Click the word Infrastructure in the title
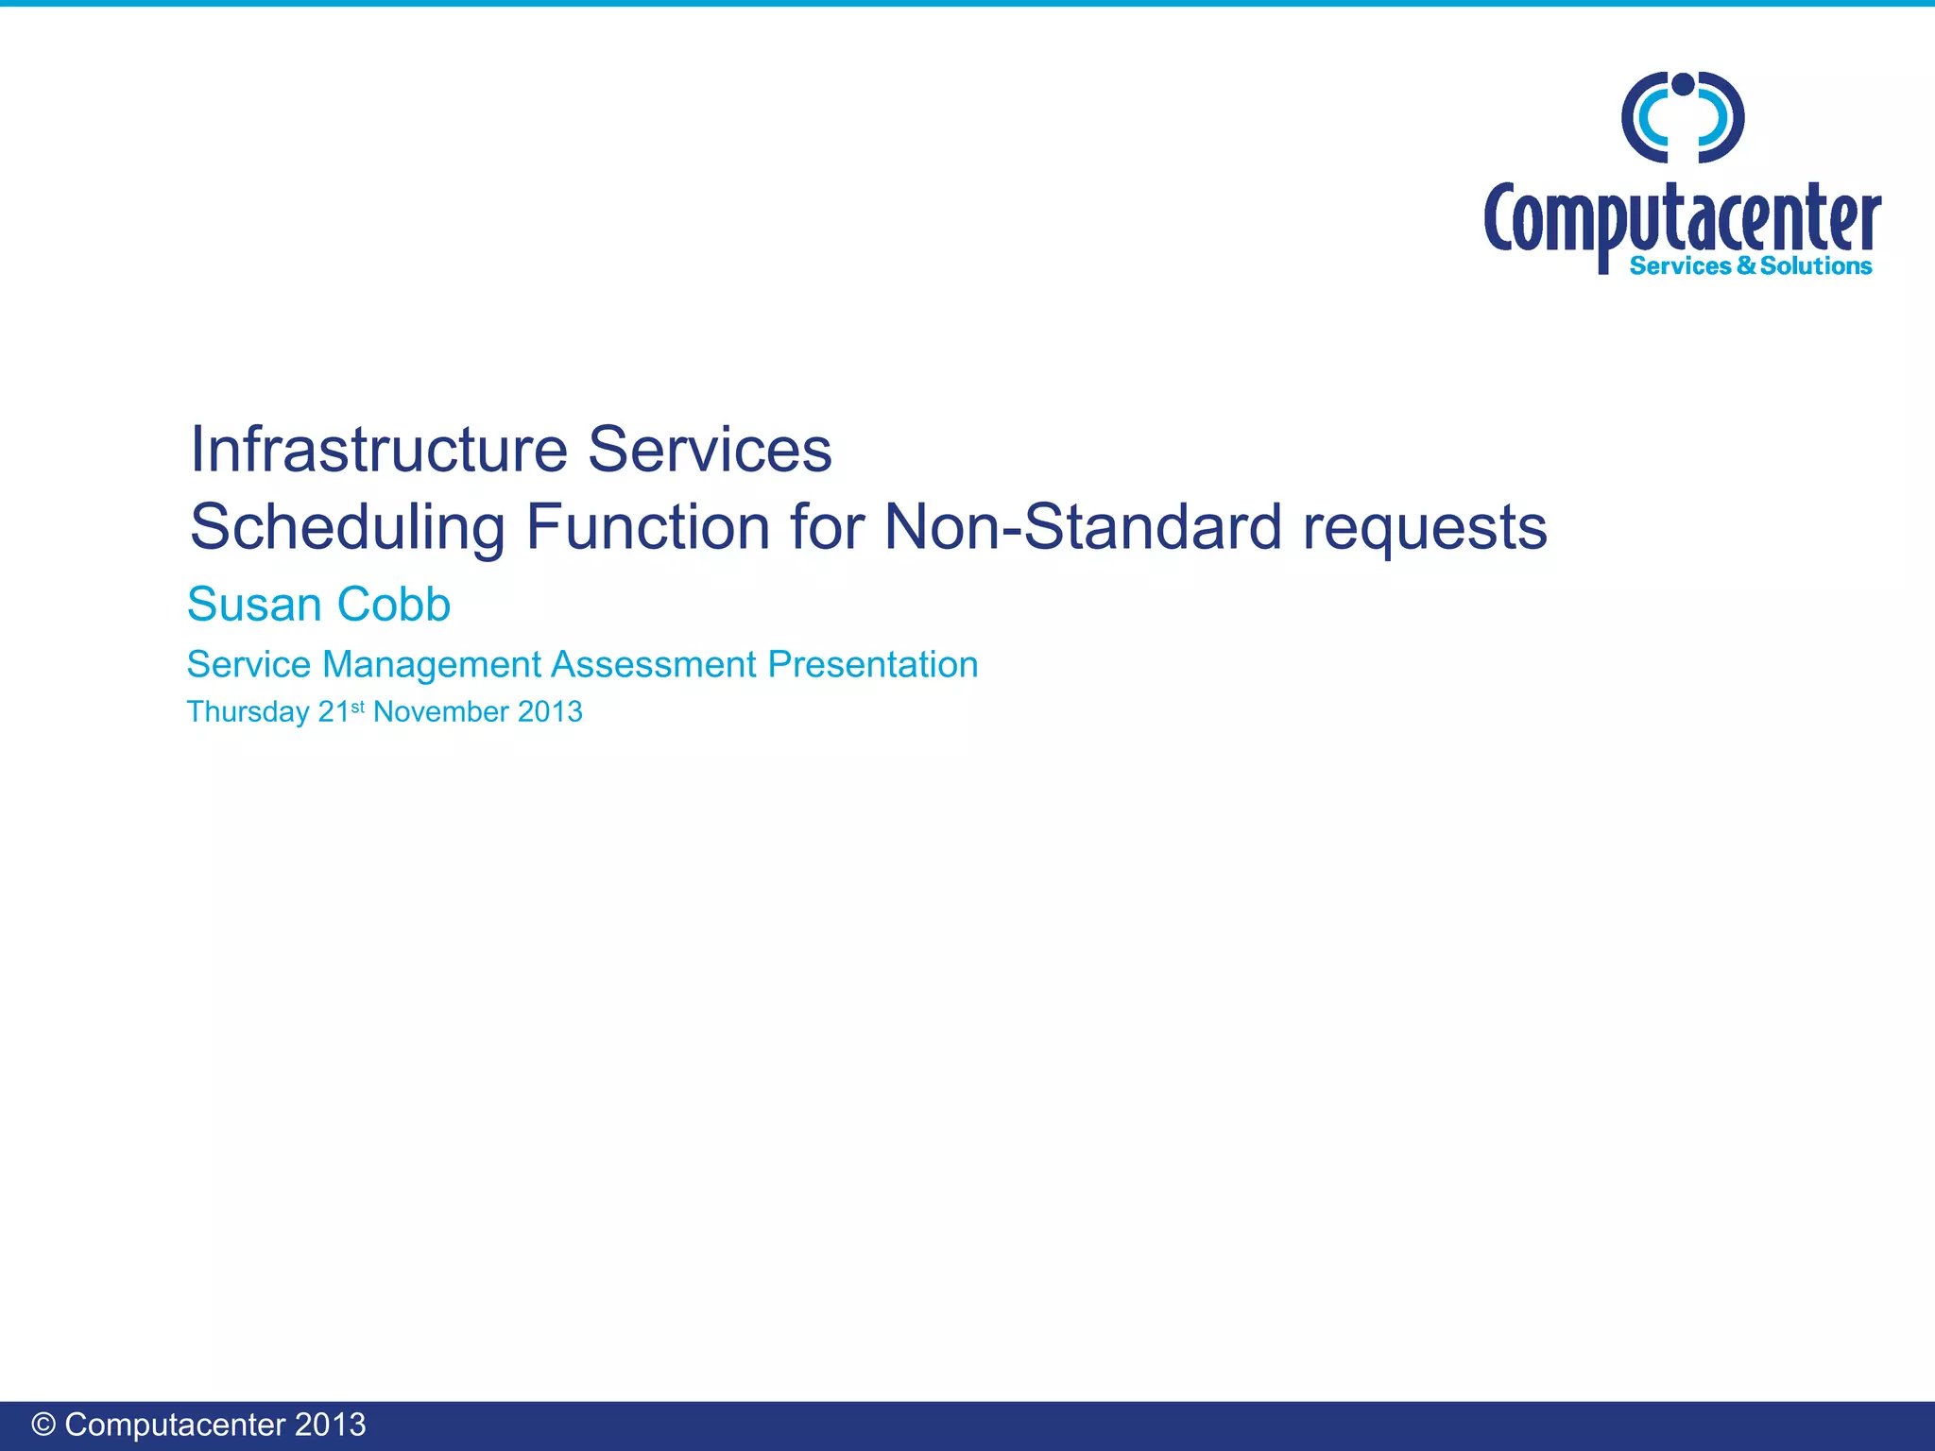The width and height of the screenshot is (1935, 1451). pyautogui.click(x=378, y=450)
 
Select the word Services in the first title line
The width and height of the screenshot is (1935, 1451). pyautogui.click(x=710, y=450)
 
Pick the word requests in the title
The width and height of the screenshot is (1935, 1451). pyautogui.click(x=1425, y=528)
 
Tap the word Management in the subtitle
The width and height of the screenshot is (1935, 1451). pyautogui.click(x=432, y=665)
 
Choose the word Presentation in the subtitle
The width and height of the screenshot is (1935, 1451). pyautogui.click(x=872, y=664)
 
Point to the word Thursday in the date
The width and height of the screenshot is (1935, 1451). pyautogui.click(x=248, y=712)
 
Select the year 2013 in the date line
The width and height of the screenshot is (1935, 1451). pyautogui.click(x=550, y=711)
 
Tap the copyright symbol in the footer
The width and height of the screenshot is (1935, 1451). pyautogui.click(x=43, y=1425)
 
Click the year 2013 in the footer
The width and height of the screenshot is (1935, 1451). pyautogui.click(x=330, y=1425)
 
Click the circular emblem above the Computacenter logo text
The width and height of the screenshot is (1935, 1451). pyautogui.click(x=1683, y=117)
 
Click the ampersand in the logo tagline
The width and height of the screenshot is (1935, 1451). pyautogui.click(x=1746, y=266)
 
